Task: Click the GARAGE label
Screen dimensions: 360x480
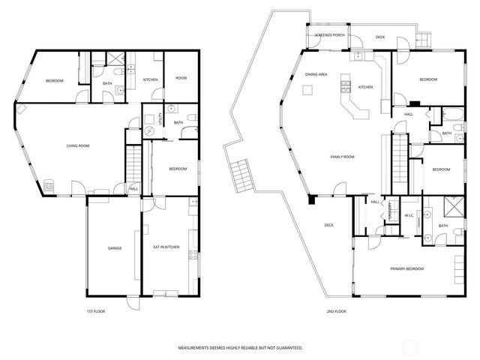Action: (x=115, y=248)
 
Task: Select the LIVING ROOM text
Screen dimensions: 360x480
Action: (x=78, y=145)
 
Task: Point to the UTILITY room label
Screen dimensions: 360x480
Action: (x=160, y=118)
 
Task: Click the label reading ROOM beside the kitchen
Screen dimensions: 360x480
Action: (x=181, y=79)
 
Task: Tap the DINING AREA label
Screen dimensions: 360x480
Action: (x=316, y=75)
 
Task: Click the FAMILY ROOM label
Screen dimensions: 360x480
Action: (x=342, y=157)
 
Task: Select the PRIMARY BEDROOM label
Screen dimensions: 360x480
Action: (x=406, y=268)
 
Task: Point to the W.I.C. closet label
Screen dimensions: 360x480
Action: (x=409, y=217)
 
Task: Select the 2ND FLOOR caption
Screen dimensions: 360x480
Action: (x=336, y=310)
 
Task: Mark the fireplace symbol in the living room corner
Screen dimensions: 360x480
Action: (x=48, y=184)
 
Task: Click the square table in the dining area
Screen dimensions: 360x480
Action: (x=307, y=91)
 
